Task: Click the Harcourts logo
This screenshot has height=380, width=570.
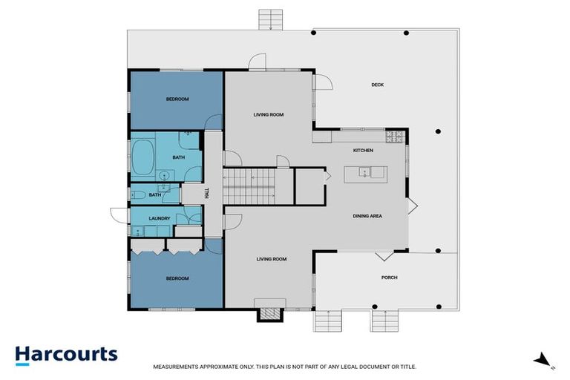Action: tap(66, 354)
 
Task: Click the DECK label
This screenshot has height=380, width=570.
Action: tap(377, 85)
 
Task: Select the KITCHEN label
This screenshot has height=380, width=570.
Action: tap(362, 151)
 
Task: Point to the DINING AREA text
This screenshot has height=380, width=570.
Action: tap(367, 216)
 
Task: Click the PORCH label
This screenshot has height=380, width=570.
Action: tap(389, 278)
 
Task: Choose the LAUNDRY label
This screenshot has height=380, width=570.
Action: tap(160, 218)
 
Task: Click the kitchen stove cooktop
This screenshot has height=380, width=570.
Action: tap(394, 136)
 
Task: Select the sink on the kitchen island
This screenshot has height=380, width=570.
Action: tap(364, 172)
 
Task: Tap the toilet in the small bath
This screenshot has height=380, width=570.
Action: tap(138, 194)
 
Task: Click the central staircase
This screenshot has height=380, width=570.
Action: tap(249, 186)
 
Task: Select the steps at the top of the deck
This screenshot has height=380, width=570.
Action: tap(271, 19)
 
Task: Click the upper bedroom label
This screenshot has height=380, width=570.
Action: tap(177, 99)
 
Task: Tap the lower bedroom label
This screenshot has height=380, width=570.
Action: tap(177, 278)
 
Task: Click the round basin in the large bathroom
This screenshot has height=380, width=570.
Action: tap(163, 175)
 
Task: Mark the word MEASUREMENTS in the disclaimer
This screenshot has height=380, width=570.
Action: tap(177, 367)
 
